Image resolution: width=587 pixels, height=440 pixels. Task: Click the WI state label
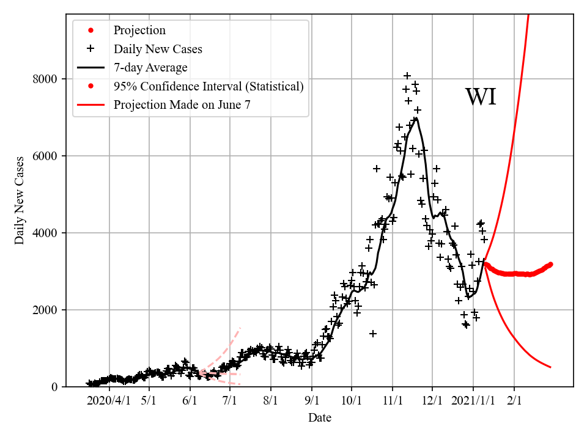point(481,97)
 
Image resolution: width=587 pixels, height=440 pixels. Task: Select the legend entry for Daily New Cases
point(158,49)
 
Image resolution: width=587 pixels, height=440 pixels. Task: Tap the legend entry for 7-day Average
point(150,67)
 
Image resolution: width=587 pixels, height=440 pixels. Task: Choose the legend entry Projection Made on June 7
point(182,105)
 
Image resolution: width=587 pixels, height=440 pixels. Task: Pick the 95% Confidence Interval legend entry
point(209,86)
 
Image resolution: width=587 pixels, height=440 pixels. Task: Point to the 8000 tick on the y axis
point(46,79)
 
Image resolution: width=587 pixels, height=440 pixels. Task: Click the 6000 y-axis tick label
point(46,156)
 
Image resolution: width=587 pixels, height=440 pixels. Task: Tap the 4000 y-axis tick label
point(46,233)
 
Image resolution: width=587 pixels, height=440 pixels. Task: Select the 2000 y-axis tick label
point(46,310)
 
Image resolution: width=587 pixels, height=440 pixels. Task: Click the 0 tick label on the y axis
point(54,387)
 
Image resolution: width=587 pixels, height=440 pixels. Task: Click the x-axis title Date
point(320,418)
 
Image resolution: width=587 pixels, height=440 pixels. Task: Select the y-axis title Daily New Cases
point(20,200)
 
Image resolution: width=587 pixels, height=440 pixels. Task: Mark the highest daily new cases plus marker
point(407,76)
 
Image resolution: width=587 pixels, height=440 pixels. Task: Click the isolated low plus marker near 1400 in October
point(373,334)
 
